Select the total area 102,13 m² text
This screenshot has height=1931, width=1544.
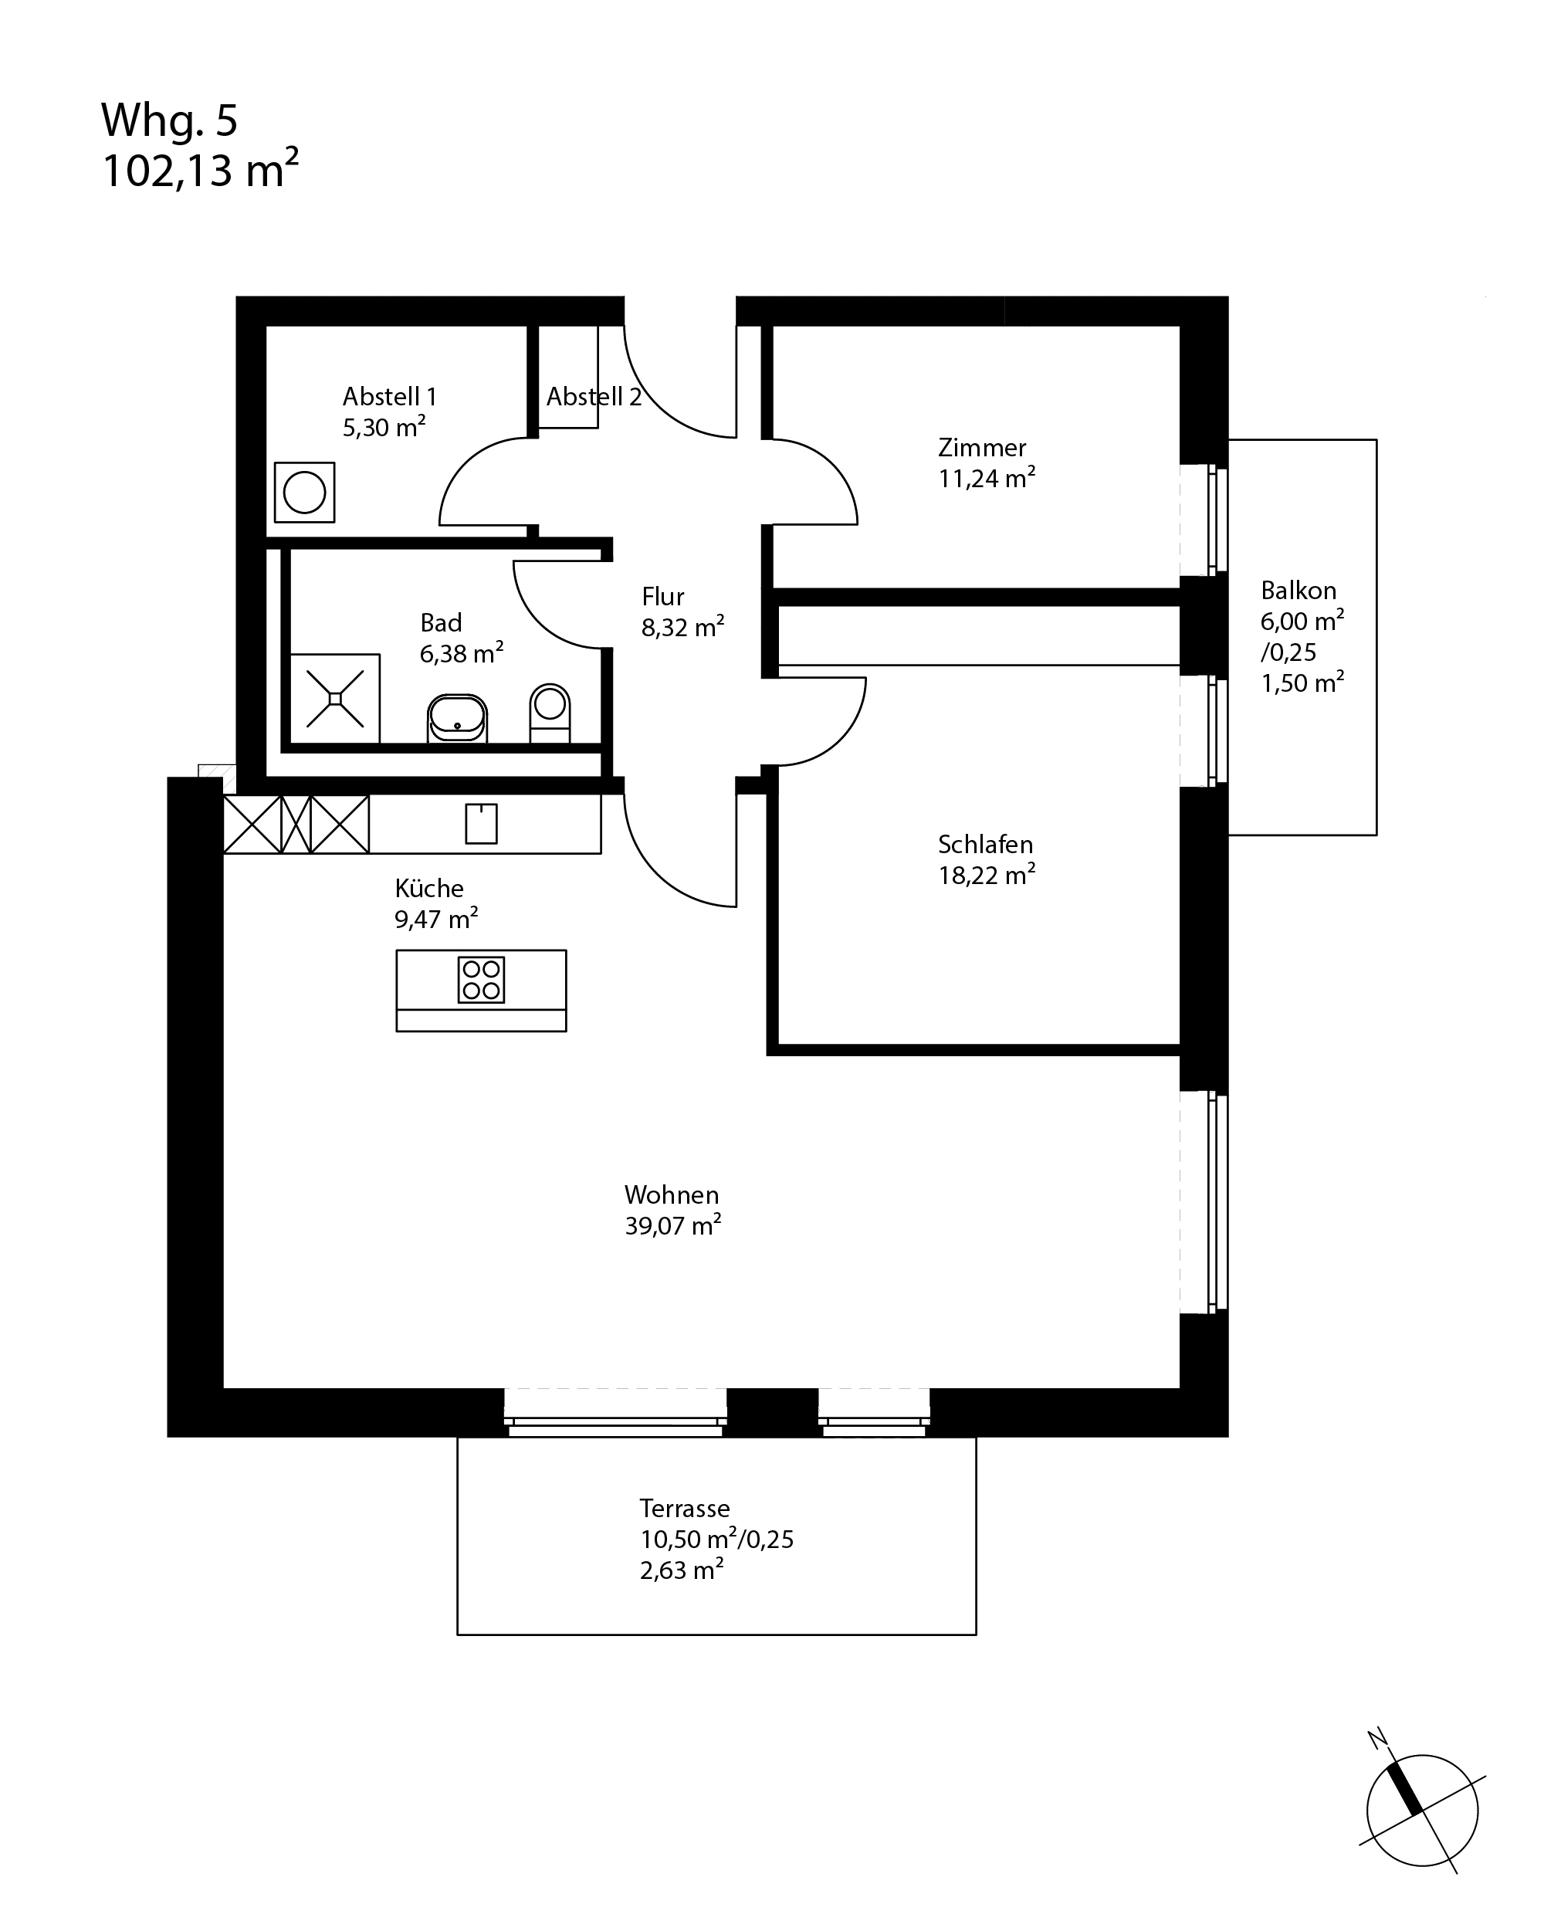pos(201,169)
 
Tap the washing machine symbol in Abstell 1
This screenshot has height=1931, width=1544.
pos(304,492)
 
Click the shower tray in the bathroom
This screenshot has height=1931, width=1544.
pos(335,699)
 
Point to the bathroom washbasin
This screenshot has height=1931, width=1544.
pos(458,717)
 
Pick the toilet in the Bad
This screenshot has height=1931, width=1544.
pos(550,713)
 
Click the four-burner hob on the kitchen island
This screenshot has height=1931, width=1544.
pos(481,979)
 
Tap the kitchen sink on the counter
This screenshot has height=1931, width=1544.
pos(481,823)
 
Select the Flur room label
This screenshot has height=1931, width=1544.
pos(662,597)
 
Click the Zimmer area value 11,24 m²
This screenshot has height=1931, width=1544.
pos(987,478)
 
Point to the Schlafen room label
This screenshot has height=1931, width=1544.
pos(985,845)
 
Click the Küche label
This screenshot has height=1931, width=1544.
pos(429,889)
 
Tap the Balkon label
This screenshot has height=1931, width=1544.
pos(1299,590)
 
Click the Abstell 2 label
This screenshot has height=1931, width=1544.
pos(594,397)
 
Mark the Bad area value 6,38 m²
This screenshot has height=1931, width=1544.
pos(461,653)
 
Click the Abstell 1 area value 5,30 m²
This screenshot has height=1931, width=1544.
pos(384,427)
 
